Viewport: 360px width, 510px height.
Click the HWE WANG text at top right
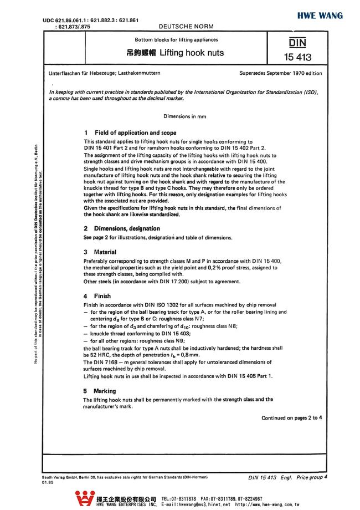(320, 16)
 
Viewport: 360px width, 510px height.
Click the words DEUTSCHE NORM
(179, 27)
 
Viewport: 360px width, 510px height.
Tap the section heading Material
(105, 252)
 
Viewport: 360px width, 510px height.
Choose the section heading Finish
(102, 296)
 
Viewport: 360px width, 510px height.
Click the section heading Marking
(105, 391)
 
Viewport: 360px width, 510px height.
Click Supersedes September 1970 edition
(280, 73)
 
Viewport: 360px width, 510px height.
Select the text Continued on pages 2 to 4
(291, 418)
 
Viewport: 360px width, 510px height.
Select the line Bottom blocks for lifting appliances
(177, 40)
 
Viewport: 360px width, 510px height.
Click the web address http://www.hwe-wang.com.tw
(267, 505)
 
